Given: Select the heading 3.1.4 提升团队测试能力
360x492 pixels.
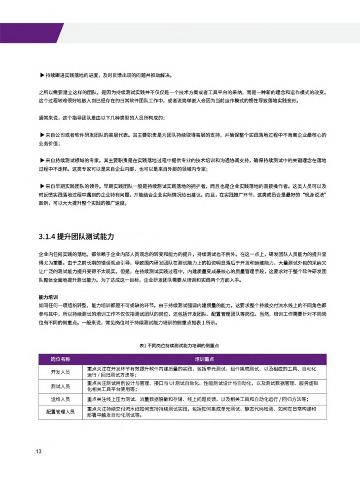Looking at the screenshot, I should coord(76,237).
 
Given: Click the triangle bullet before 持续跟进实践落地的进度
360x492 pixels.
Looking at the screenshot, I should coord(42,76).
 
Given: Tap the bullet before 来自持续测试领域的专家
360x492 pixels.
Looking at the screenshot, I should coord(42,159).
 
